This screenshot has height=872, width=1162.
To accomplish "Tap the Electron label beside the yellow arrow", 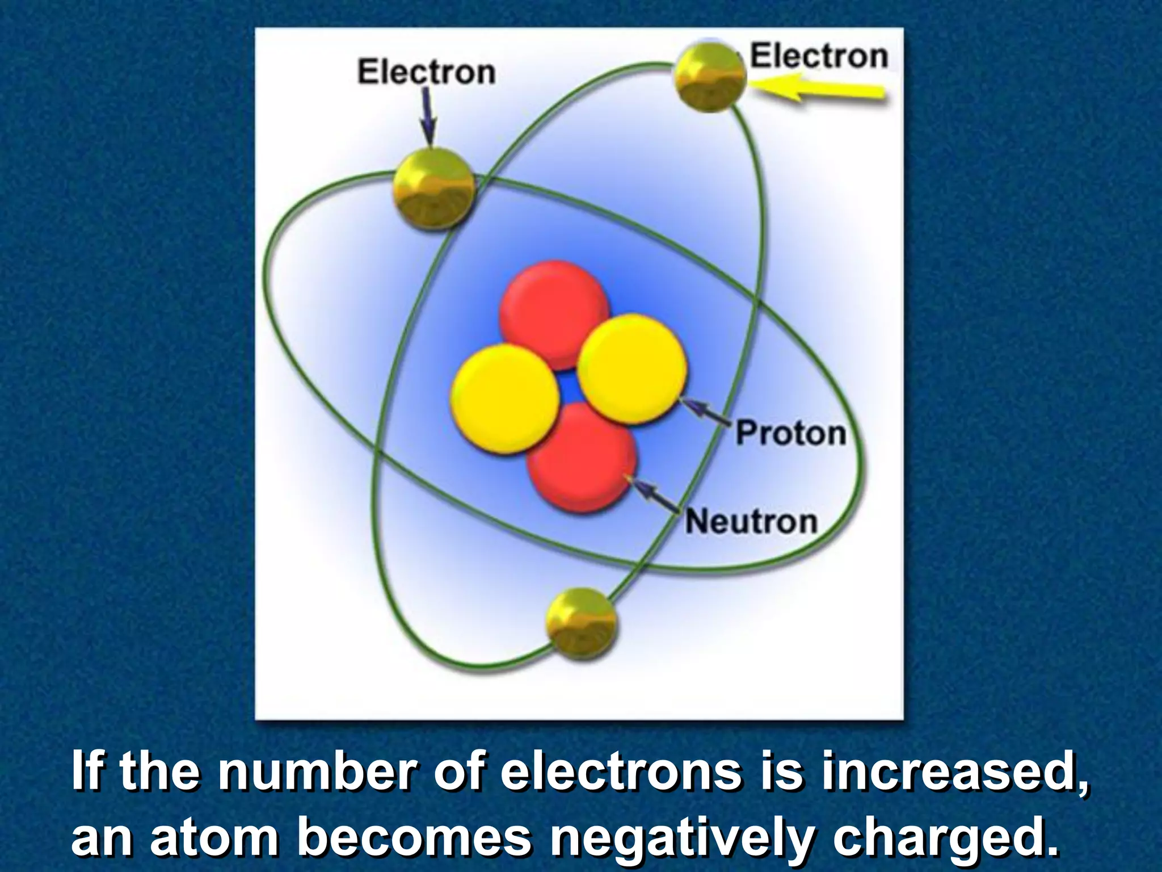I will pos(819,57).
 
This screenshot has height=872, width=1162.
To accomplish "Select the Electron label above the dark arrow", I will pos(426,73).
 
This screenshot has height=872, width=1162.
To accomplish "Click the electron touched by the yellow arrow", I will pos(709,78).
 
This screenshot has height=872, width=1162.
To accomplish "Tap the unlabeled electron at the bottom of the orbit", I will pos(581,623).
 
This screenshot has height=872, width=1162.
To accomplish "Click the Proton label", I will pos(791,433).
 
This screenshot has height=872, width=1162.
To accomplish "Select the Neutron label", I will pos(751,521).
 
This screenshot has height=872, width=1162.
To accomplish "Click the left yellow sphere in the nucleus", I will pos(504,399).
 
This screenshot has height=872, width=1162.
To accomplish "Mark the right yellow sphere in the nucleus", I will pos(631,369).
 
